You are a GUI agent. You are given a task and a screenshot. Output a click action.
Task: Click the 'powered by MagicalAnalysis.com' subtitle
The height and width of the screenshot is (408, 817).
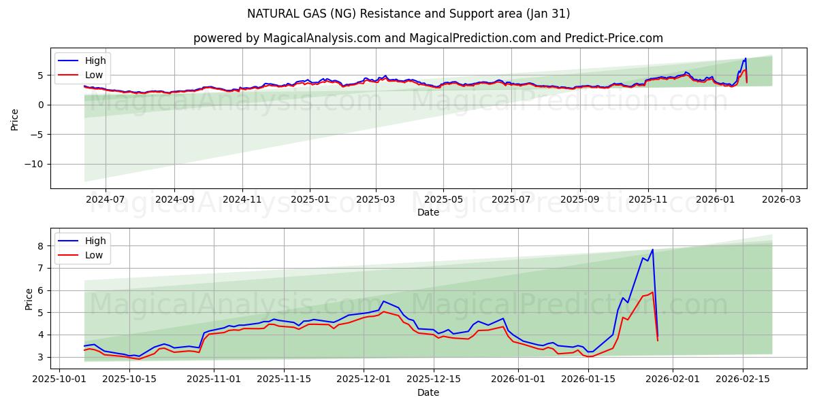[x=428, y=38]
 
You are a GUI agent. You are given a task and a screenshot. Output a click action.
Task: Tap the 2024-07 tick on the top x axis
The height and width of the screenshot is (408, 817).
[x=106, y=199]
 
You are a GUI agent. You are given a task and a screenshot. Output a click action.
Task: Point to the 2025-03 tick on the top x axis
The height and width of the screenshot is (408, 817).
[x=376, y=199]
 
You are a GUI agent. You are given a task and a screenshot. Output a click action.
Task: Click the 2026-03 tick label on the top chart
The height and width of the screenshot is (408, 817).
[x=781, y=199]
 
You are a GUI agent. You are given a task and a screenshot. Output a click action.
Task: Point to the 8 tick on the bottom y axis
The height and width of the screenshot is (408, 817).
[x=41, y=246]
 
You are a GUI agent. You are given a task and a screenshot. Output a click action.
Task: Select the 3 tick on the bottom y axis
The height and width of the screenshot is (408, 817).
[x=41, y=357]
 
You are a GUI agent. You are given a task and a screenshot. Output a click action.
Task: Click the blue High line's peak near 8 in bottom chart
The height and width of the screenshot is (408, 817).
[x=652, y=250]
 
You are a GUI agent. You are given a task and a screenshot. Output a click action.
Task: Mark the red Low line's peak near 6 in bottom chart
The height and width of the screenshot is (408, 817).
[x=652, y=292]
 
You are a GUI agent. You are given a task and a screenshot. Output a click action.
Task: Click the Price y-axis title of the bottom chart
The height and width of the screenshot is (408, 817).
[x=29, y=299]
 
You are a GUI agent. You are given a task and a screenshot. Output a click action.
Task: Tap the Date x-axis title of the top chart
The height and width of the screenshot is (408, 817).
[x=428, y=212]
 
